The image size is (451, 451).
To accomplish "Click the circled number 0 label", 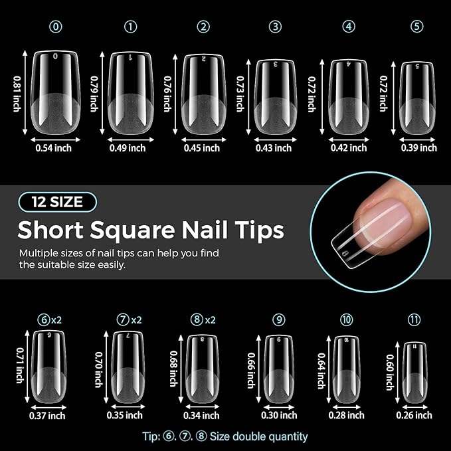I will click(56, 27).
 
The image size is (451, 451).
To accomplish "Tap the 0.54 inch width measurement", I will click(53, 147).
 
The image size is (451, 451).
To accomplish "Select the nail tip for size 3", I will click(274, 97).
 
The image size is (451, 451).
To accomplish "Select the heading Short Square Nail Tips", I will click(151, 230).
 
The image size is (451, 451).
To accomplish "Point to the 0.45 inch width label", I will click(202, 147).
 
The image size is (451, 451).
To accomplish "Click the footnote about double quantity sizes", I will click(225, 436).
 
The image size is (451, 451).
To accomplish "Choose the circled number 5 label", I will click(416, 27).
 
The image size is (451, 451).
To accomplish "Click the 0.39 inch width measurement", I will click(418, 147).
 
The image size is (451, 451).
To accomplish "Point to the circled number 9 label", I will click(279, 319).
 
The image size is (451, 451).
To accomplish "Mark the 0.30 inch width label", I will click(279, 415).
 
